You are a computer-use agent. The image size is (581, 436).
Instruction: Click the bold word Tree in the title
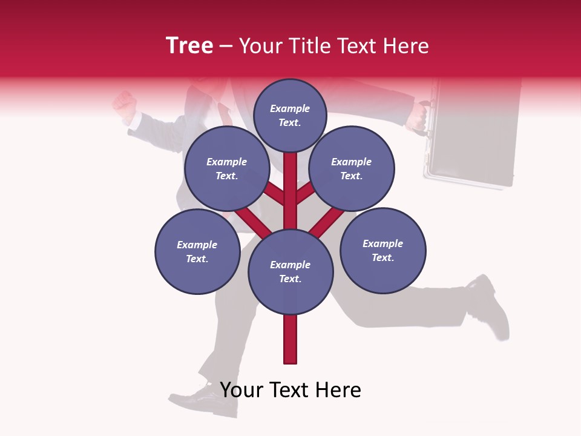tap(189, 45)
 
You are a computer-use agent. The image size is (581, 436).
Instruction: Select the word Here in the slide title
tap(406, 46)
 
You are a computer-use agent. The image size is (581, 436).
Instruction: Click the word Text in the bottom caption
tap(290, 390)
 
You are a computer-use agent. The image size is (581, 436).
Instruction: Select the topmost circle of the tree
tap(290, 115)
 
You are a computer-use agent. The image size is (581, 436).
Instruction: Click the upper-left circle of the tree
tap(226, 168)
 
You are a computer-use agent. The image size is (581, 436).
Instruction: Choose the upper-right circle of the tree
tap(351, 168)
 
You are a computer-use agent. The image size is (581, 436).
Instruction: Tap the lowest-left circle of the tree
tap(197, 251)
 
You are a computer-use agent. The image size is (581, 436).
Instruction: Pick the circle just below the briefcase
tap(382, 250)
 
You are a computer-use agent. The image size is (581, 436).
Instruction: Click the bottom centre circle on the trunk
tap(290, 271)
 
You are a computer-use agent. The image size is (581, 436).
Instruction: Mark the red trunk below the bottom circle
tap(290, 339)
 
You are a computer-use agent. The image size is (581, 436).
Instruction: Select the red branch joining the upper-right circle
tap(305, 193)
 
